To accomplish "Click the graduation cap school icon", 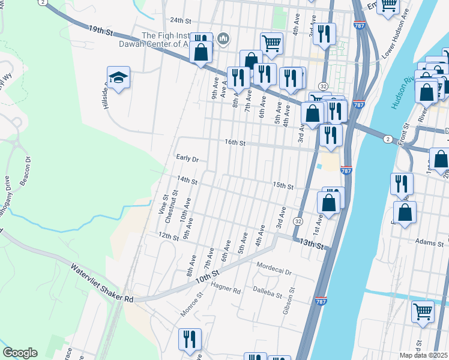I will tap(118, 78).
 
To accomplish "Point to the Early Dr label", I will tap(187, 159).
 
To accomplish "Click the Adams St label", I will tap(429, 242).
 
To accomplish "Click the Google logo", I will tap(20, 352).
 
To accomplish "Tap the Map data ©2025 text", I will tap(423, 355).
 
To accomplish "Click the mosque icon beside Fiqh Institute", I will tap(224, 40).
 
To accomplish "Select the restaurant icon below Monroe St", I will tap(190, 339).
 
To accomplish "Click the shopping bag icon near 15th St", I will tap(329, 203).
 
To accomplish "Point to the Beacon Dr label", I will tap(25, 172).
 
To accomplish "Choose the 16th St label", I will tap(235, 143).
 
